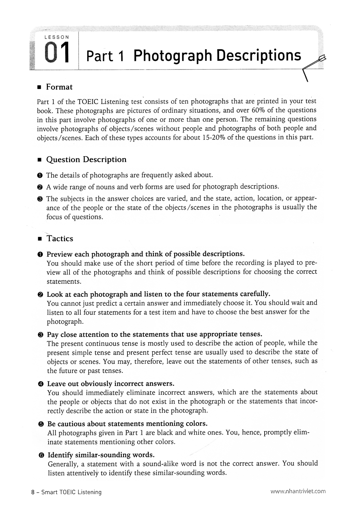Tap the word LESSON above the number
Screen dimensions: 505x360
click(57, 37)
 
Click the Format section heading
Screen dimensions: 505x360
click(59, 87)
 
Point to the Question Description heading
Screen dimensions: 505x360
click(86, 160)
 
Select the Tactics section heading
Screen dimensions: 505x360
click(60, 239)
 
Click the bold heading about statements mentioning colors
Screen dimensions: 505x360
click(127, 423)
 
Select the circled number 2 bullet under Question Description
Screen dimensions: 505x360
click(40, 187)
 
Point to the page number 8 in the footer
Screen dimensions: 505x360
click(33, 492)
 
